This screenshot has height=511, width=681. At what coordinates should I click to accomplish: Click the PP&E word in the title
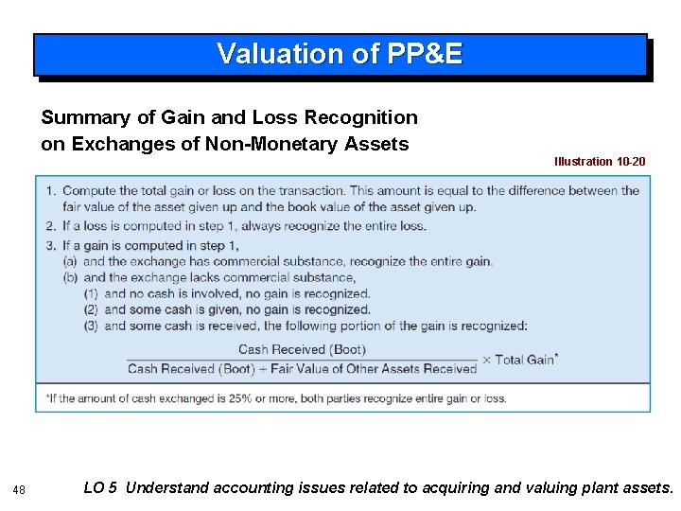tap(425, 54)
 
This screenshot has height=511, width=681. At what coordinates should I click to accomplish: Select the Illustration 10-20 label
tap(600, 162)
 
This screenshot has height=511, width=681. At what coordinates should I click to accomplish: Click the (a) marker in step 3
tap(70, 260)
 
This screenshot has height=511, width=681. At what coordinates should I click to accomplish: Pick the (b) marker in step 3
tap(70, 277)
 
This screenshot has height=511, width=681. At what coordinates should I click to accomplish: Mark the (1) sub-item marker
tap(92, 293)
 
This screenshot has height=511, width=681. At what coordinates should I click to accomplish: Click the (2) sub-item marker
tap(92, 309)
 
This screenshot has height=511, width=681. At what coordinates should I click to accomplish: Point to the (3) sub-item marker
tap(92, 326)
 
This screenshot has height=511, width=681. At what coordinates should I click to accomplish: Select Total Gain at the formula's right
tap(526, 360)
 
